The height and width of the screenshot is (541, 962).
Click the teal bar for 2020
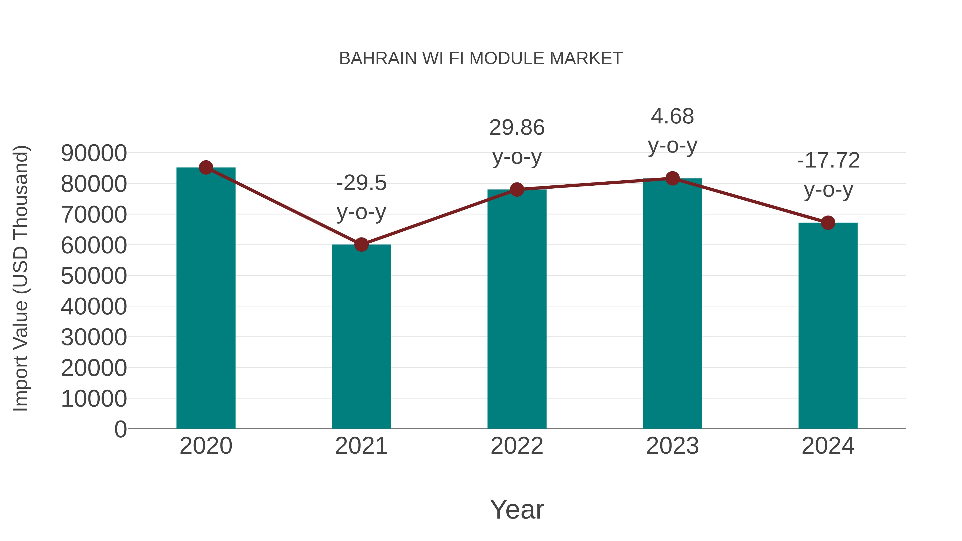[206, 299]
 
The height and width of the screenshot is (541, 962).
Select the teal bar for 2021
[361, 336]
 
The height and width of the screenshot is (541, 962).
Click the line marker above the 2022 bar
[517, 190]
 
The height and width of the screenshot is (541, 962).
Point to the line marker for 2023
[672, 178]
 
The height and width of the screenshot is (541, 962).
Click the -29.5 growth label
[361, 183]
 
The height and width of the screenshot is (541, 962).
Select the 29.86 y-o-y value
[517, 128]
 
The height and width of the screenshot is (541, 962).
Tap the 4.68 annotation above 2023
[672, 116]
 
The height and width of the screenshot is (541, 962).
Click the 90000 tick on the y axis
[94, 153]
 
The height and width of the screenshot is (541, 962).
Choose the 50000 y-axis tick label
[94, 276]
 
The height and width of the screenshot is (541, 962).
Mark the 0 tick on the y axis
[120, 429]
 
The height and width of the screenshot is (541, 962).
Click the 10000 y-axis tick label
[94, 398]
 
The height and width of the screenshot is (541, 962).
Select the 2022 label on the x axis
[517, 446]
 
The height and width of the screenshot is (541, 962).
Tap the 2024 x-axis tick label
[828, 446]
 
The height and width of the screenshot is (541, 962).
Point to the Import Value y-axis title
[21, 278]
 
